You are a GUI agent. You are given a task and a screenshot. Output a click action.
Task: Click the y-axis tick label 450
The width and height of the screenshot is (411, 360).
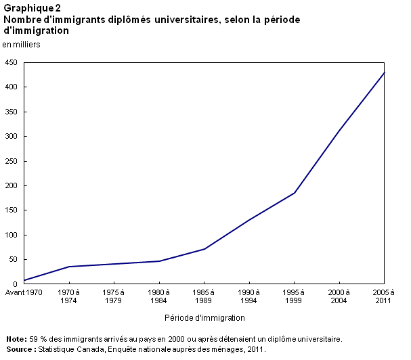[11, 62]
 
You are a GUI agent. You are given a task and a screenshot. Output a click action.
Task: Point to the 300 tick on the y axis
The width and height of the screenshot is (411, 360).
[11, 137]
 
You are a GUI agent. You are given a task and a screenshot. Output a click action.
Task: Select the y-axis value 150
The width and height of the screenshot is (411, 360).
[11, 210]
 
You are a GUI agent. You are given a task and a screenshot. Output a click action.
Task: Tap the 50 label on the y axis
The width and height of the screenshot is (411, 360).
[13, 260]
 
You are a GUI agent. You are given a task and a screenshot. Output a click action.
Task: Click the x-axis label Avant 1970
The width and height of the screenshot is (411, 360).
[23, 292]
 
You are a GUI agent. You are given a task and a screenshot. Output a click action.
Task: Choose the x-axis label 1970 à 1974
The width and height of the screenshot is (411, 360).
[69, 296]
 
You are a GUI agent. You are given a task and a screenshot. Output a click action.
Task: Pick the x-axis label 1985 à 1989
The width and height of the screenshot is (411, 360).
[204, 296]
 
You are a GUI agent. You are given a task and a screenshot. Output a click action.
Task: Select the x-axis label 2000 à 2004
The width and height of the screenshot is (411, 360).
[339, 296]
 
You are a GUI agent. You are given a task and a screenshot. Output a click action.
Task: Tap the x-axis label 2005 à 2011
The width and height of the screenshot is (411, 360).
[383, 296]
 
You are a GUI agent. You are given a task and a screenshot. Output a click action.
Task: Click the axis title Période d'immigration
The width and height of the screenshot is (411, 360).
[204, 317]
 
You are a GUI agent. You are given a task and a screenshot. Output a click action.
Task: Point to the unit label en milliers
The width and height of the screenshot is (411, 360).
[22, 45]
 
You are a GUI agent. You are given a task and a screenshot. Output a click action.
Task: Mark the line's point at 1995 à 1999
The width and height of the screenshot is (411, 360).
[295, 193]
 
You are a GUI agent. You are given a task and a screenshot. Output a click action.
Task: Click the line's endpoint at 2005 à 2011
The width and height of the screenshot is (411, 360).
[385, 72]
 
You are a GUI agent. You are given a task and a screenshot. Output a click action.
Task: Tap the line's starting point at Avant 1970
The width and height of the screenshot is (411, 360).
[24, 280]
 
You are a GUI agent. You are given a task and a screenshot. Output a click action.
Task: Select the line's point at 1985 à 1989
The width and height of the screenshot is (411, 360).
[204, 249]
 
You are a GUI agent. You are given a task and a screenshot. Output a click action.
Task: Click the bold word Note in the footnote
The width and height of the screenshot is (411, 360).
[15, 339]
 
